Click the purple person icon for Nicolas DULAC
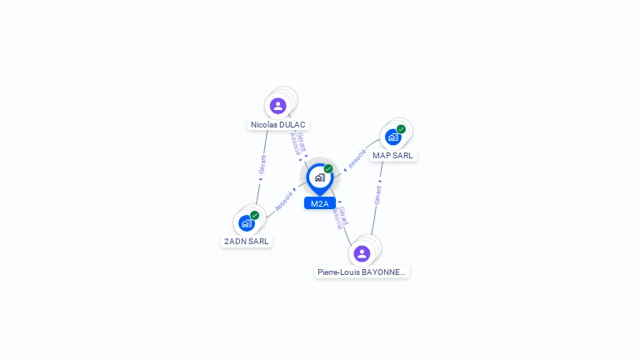[278, 106]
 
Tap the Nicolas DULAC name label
[278, 125]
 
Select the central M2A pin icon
[319, 177]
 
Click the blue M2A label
[319, 203]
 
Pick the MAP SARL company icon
[392, 137]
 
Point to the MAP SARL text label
[393, 156]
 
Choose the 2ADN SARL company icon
[246, 222]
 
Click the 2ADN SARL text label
[247, 242]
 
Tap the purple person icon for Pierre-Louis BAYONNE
[362, 253]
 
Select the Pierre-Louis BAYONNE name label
[362, 272]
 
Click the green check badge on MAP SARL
[401, 129]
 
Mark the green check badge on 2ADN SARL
[254, 215]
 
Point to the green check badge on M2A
[328, 168]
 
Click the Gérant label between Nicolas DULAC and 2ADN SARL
[262, 163]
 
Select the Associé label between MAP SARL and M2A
[357, 158]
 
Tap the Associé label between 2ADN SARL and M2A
[284, 201]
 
